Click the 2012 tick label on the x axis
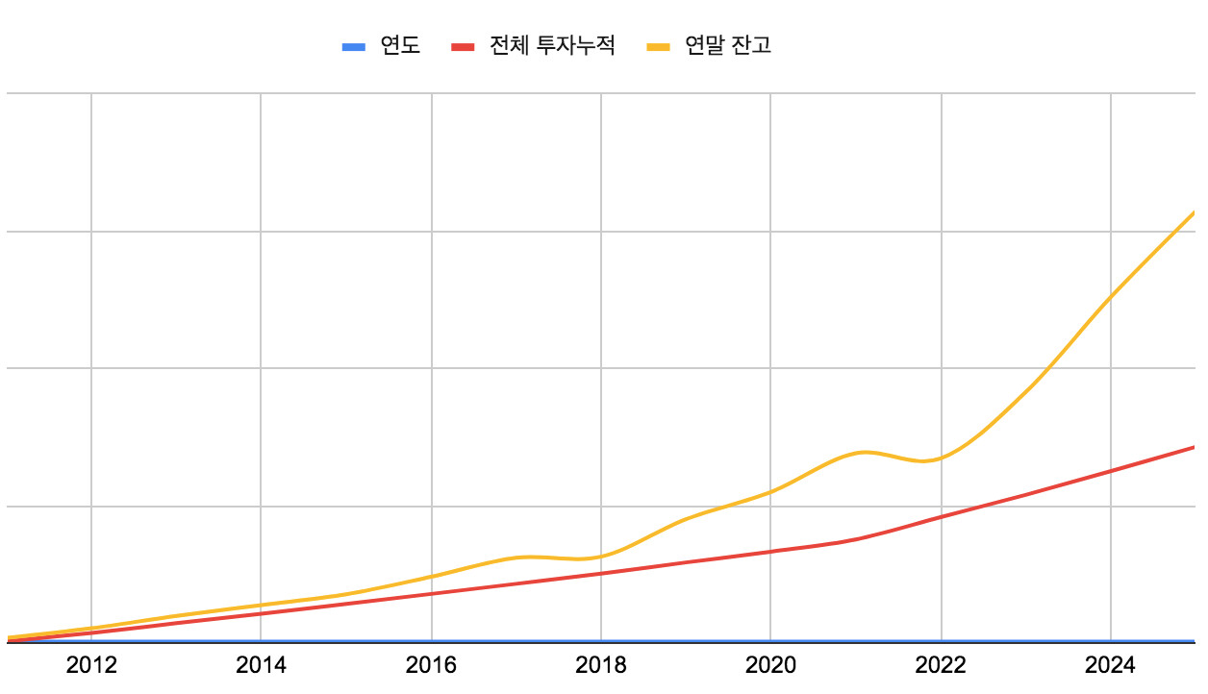click(91, 665)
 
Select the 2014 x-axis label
click(261, 665)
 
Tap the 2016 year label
click(431, 665)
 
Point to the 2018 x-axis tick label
click(600, 665)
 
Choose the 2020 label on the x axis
click(770, 665)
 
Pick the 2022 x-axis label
click(941, 665)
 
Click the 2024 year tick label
click(1110, 665)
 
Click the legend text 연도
click(401, 46)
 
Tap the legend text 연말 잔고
click(728, 46)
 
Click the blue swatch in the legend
click(354, 46)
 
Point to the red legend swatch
click(464, 46)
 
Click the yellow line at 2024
click(1110, 297)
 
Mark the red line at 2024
click(1110, 472)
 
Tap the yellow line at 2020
click(770, 492)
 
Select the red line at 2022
click(941, 517)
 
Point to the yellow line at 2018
click(600, 557)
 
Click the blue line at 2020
click(770, 640)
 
